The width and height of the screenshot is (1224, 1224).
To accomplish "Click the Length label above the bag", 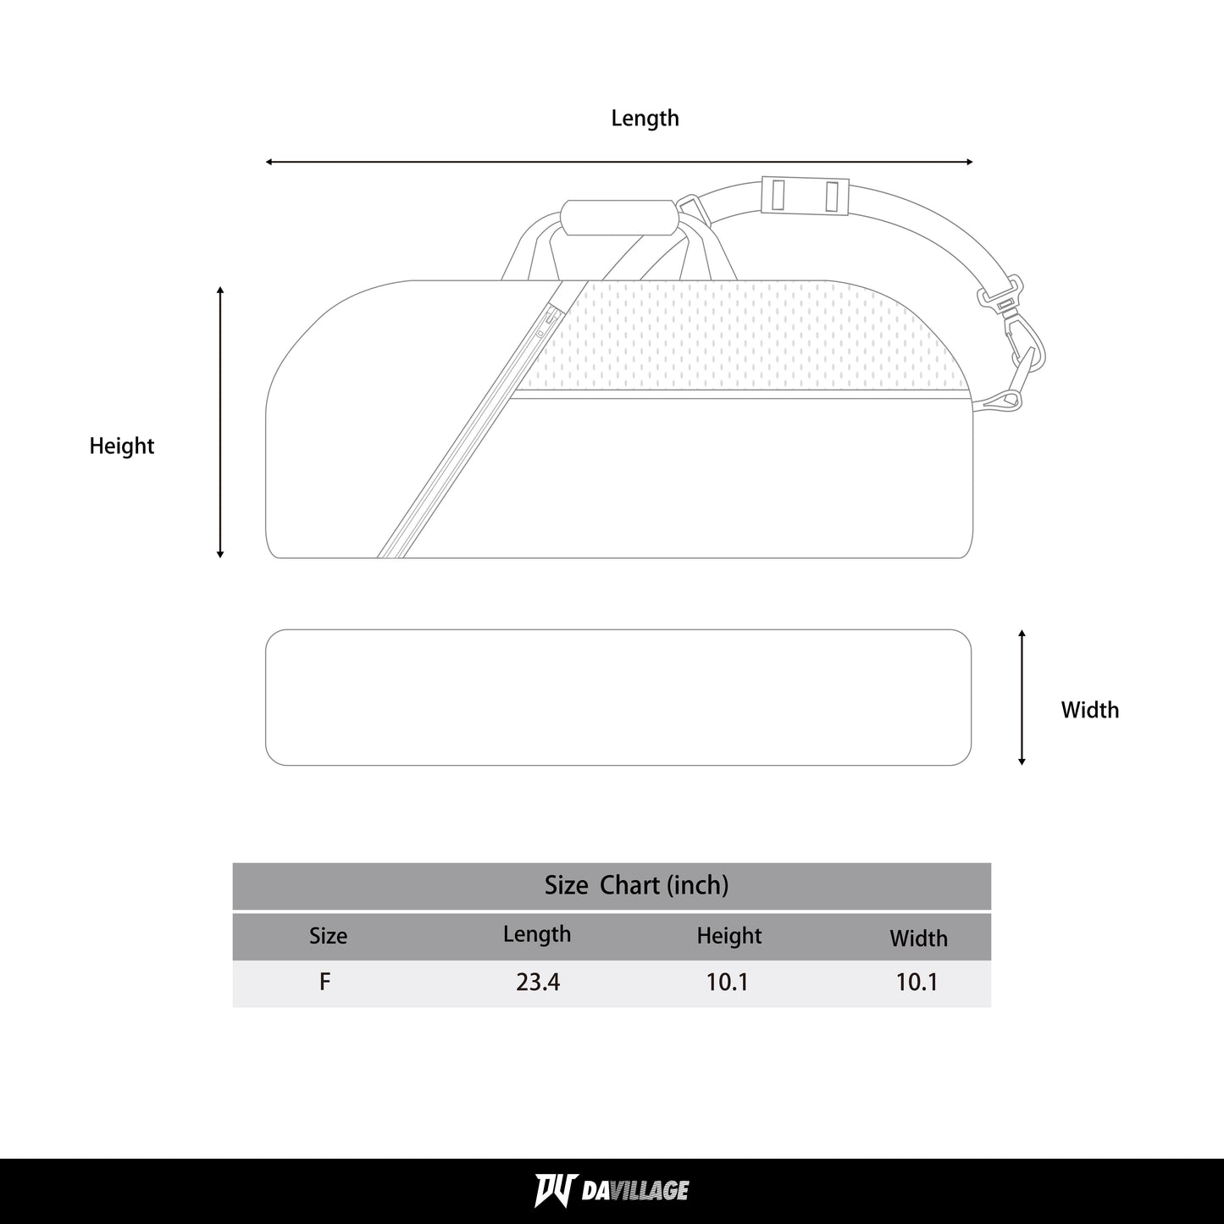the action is click(645, 119).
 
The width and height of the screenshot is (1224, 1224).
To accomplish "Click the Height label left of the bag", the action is click(122, 446).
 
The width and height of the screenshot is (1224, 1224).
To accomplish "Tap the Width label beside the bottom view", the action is click(1090, 710).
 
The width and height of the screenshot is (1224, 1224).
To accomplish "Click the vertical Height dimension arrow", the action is click(220, 423).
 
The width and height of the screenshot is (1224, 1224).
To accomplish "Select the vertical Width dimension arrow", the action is click(1022, 697).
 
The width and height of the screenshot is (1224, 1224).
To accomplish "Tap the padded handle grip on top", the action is click(618, 218).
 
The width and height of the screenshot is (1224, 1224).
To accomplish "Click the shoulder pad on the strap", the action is click(806, 195).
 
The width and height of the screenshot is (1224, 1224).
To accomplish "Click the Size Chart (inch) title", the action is click(636, 885).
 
